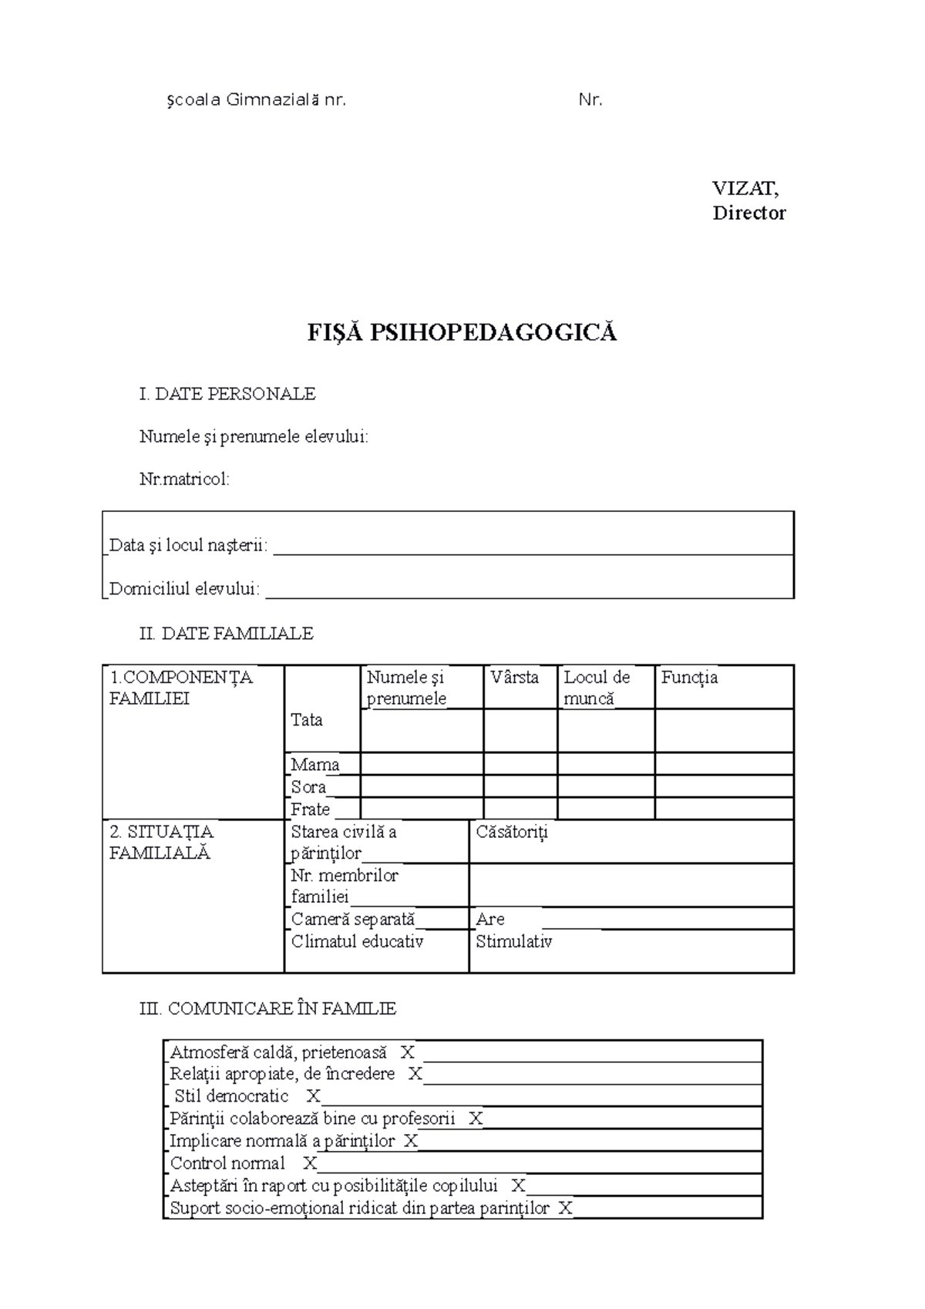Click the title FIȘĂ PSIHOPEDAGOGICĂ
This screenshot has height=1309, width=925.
(x=462, y=333)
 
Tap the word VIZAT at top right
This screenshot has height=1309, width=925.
(x=744, y=188)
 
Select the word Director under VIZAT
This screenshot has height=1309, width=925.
(x=748, y=214)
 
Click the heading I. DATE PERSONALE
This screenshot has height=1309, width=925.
(x=227, y=394)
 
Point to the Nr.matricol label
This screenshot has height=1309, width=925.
(x=184, y=480)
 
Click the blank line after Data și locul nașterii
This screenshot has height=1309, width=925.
(x=532, y=547)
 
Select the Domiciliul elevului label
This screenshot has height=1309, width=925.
(x=184, y=589)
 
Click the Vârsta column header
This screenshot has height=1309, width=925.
(x=514, y=678)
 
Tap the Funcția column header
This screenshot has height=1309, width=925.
(x=689, y=678)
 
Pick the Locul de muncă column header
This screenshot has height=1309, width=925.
(x=597, y=688)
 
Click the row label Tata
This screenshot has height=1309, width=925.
(x=306, y=720)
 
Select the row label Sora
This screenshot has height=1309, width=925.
(x=308, y=787)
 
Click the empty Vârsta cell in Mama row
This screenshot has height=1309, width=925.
(x=520, y=764)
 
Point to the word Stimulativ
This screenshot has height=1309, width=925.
(x=513, y=942)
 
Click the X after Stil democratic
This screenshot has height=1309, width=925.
(x=313, y=1096)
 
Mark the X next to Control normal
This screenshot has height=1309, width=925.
(x=309, y=1163)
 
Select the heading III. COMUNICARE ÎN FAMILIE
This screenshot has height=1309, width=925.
(x=267, y=1008)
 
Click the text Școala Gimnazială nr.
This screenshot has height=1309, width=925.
(x=256, y=100)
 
